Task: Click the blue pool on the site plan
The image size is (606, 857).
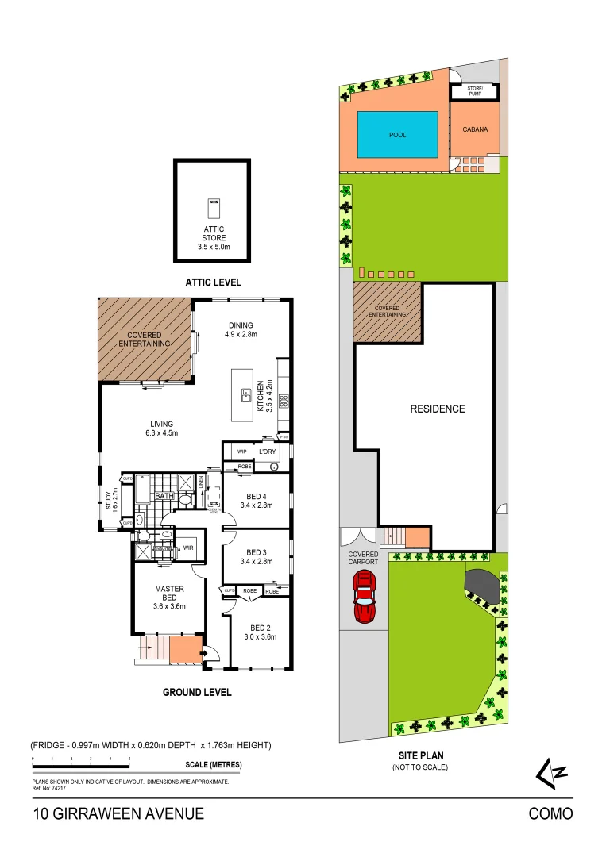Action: (397, 135)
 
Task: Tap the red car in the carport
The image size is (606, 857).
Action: (364, 598)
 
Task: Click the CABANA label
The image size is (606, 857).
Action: (475, 130)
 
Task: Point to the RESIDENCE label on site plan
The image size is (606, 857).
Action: (437, 409)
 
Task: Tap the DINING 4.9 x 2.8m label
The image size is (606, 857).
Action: (241, 329)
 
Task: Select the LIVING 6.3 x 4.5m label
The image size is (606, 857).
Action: (161, 428)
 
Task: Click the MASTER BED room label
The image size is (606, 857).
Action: (169, 594)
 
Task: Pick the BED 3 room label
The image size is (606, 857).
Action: (256, 556)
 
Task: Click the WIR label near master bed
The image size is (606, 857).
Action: (188, 548)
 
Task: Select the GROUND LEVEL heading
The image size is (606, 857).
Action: (197, 692)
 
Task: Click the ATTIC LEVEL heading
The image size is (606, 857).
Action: (213, 282)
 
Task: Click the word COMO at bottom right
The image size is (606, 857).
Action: (550, 813)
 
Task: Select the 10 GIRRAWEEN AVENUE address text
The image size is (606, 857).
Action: (118, 813)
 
